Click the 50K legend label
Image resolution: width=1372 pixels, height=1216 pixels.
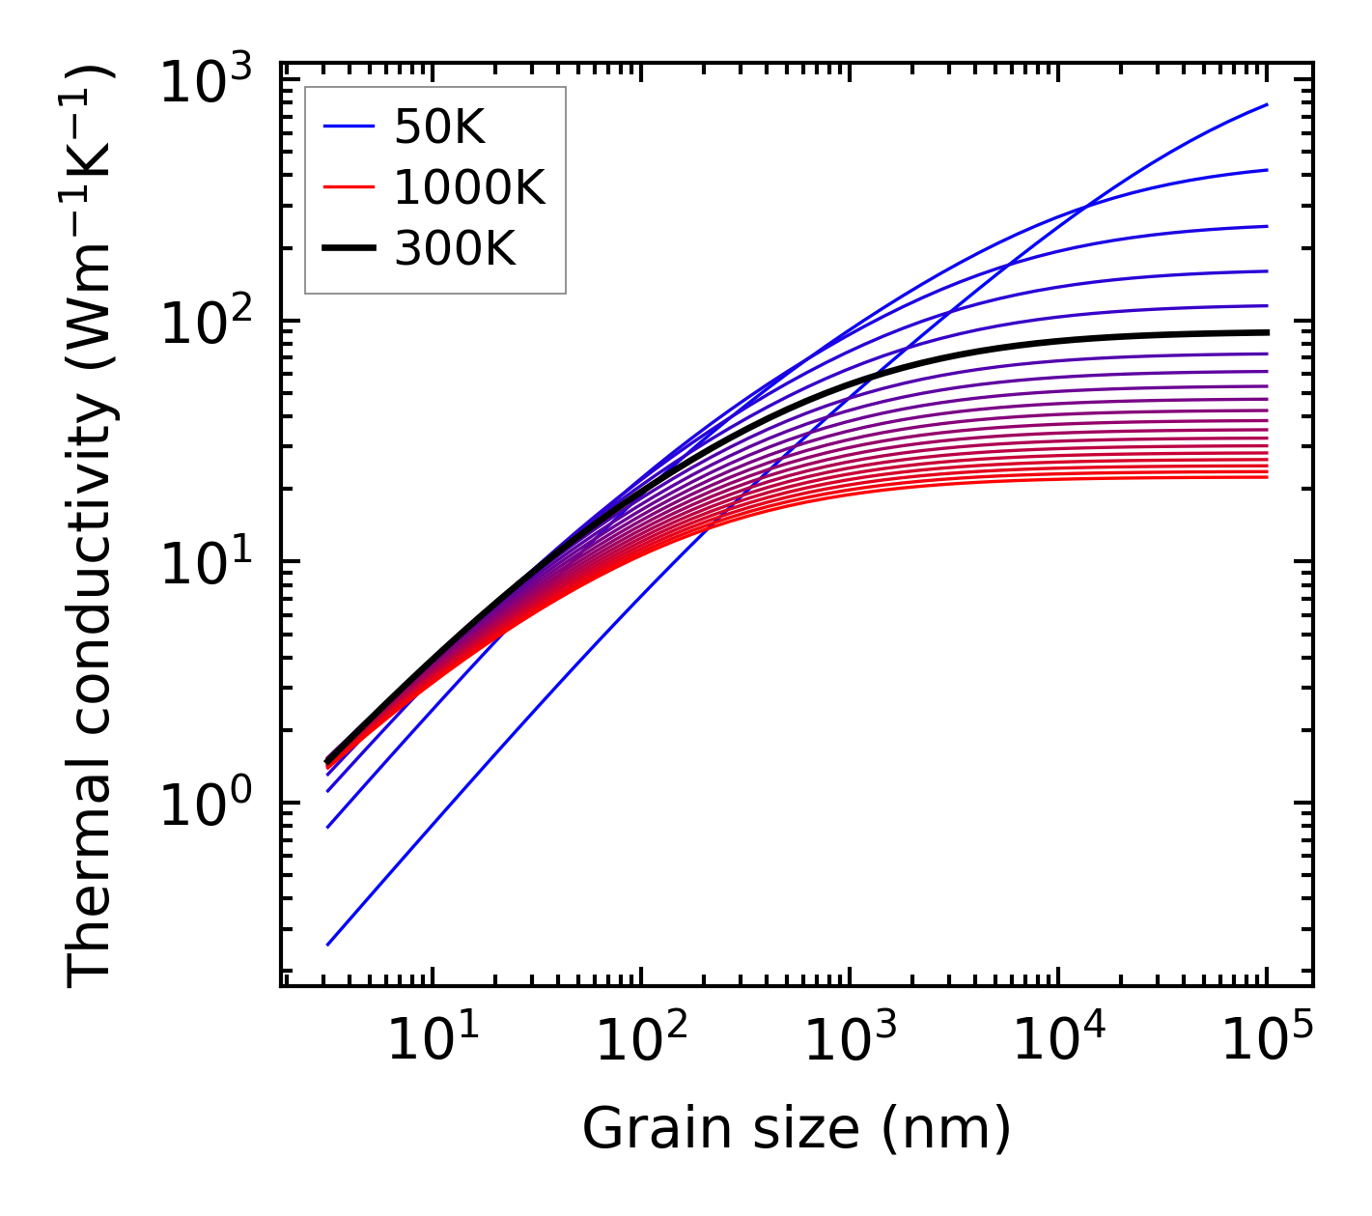439,127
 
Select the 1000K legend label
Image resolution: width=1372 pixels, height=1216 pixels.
469,188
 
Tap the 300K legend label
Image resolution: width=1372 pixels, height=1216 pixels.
455,249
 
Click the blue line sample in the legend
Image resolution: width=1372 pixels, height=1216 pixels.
348,127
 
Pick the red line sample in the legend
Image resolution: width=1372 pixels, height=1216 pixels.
348,187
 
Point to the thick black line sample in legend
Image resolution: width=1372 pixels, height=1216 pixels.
348,248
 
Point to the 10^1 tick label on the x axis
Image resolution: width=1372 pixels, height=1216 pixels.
433,1042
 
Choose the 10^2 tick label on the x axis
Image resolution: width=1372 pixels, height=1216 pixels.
642,1042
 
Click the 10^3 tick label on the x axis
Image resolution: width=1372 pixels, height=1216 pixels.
851,1042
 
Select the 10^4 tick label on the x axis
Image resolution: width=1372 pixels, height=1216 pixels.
1059,1042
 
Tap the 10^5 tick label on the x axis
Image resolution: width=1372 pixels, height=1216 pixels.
1268,1042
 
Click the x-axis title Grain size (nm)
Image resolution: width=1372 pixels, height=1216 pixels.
797,1128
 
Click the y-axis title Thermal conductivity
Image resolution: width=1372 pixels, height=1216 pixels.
91,526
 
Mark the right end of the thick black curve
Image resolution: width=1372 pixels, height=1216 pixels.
1267,332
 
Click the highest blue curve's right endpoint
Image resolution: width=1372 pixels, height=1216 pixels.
1267,104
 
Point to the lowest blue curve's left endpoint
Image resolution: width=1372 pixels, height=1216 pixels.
328,945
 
